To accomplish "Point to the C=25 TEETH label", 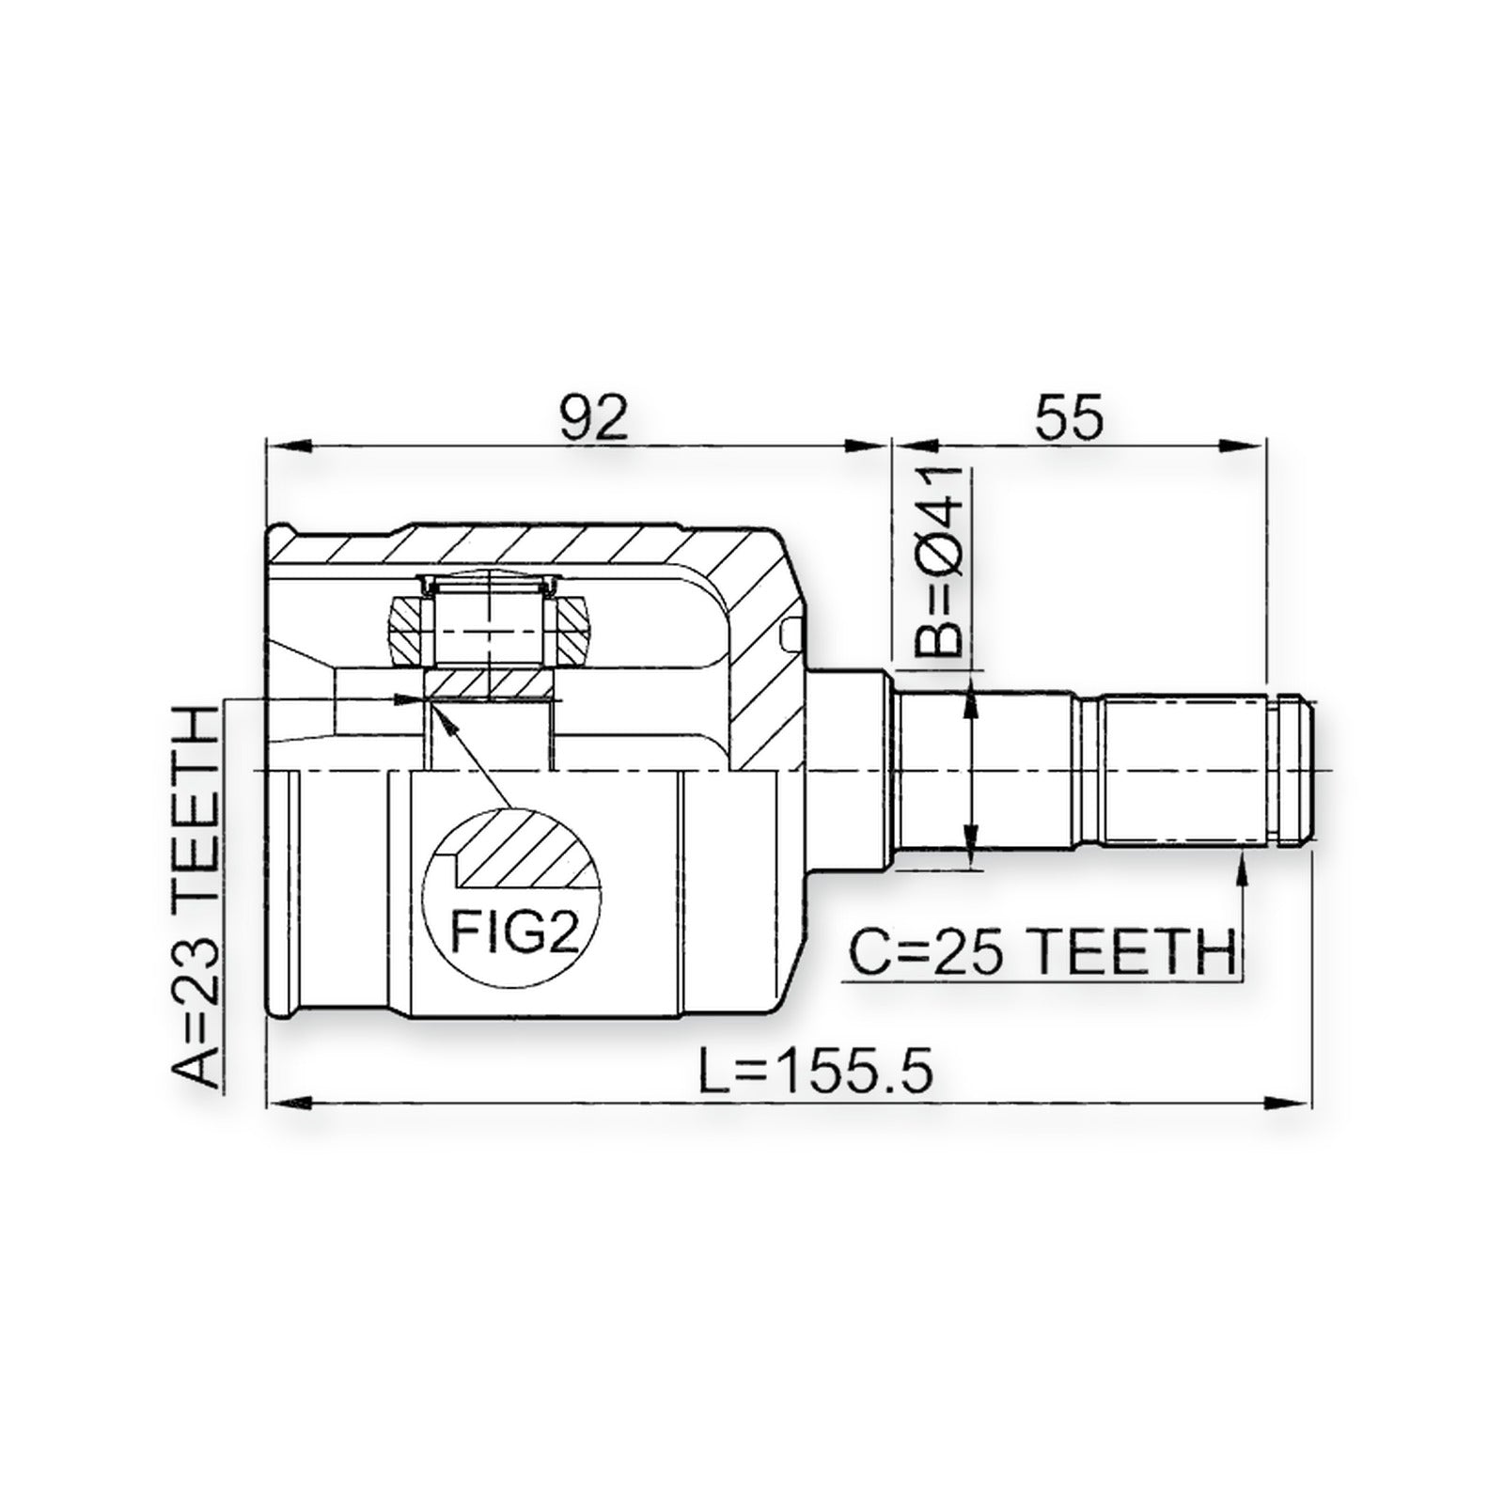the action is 1042,953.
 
